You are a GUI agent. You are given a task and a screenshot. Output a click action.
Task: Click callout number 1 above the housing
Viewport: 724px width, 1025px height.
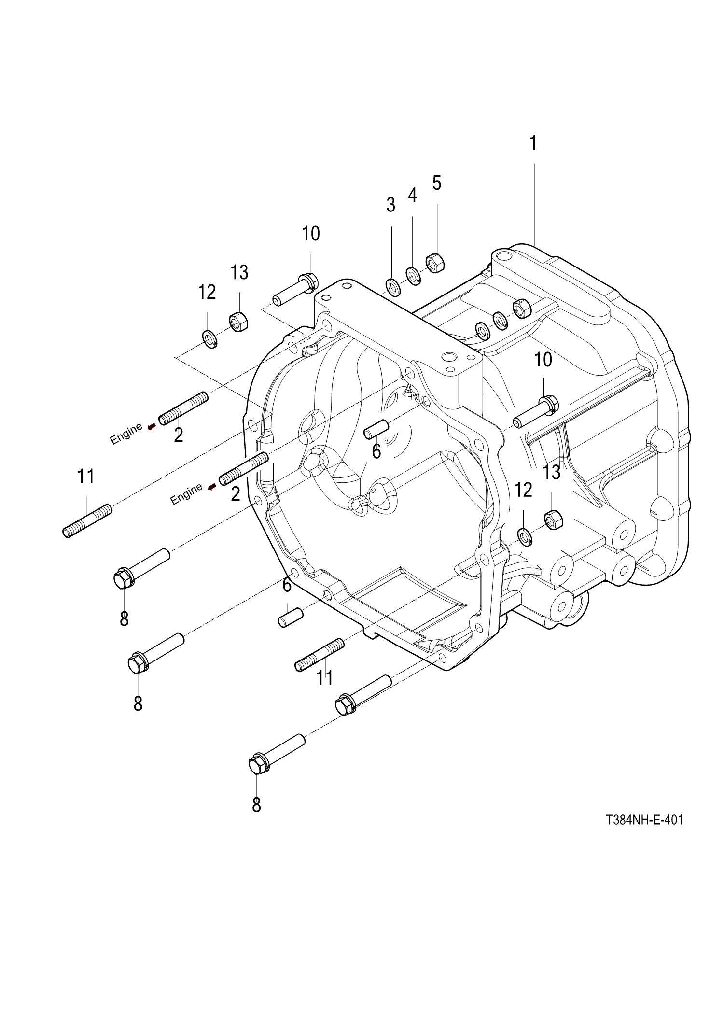pyautogui.click(x=533, y=143)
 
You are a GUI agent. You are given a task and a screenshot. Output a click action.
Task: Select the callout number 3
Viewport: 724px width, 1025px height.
pyautogui.click(x=390, y=205)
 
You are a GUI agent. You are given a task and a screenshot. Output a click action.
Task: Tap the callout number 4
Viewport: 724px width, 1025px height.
pyautogui.click(x=412, y=195)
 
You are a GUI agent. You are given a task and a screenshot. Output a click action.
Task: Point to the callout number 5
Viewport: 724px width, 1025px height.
pyautogui.click(x=437, y=183)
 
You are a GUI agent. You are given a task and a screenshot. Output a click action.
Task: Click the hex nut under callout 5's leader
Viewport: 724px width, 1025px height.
pyautogui.click(x=434, y=263)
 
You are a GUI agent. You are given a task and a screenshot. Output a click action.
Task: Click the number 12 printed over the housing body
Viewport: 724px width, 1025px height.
pyautogui.click(x=523, y=490)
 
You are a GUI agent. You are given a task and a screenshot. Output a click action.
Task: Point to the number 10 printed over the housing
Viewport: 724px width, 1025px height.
pyautogui.click(x=543, y=360)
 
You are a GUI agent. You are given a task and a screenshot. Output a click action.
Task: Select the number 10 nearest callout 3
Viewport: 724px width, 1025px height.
pyautogui.click(x=311, y=234)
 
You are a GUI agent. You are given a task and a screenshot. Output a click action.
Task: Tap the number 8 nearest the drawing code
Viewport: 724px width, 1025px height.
pyautogui.click(x=256, y=804)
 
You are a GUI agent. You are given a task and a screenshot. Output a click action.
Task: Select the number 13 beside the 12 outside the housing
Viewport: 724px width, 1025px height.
pyautogui.click(x=239, y=272)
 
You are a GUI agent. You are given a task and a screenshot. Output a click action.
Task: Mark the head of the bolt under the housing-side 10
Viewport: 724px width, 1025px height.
pyautogui.click(x=550, y=402)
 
